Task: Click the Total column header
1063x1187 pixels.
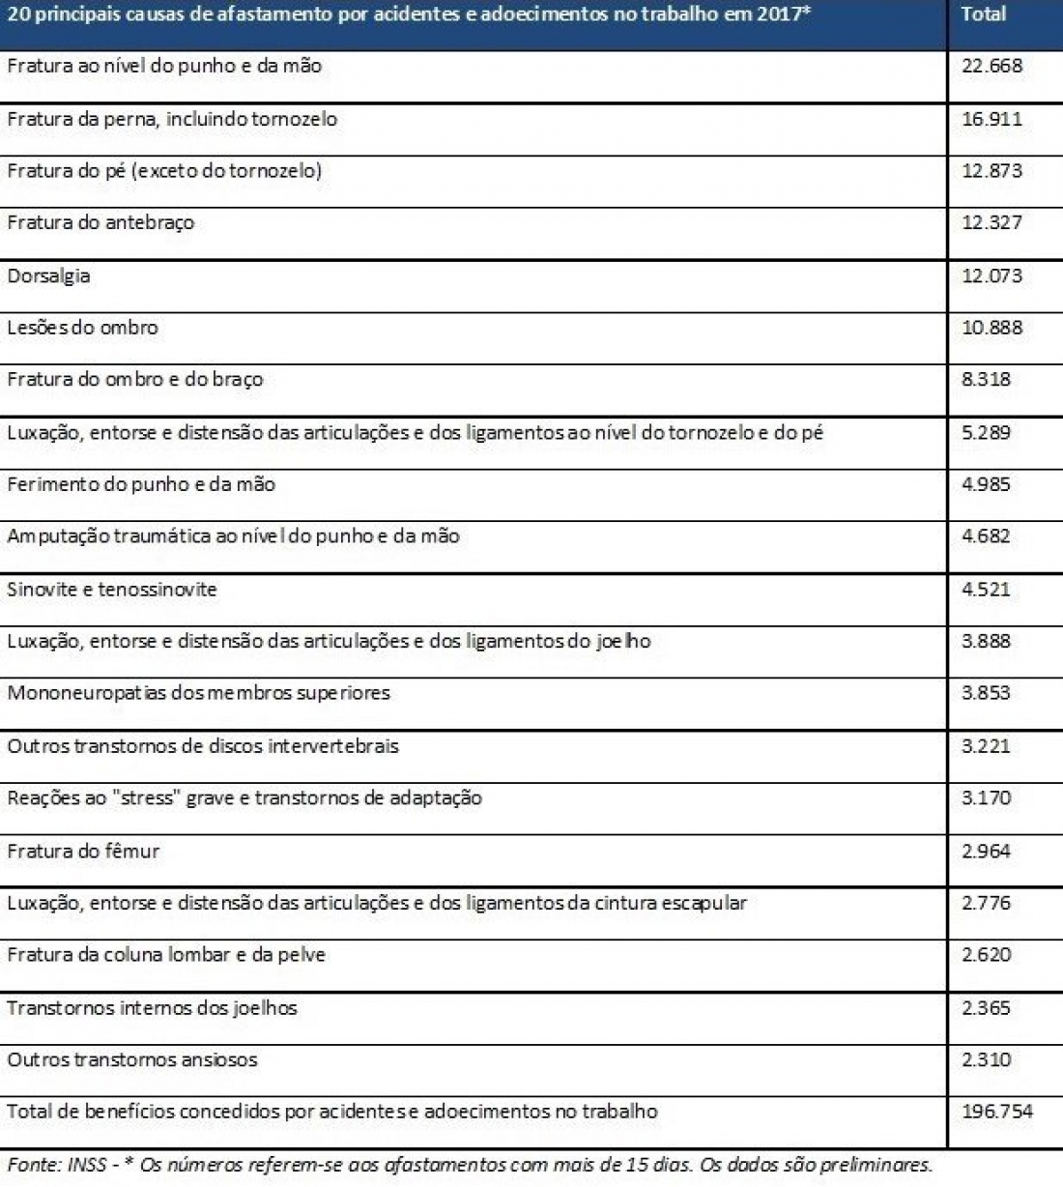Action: coord(984,14)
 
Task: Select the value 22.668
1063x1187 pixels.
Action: coord(991,67)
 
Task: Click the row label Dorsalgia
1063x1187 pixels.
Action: coord(48,275)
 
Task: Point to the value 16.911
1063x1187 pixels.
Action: coord(991,119)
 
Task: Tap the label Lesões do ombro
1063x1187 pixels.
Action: coord(82,328)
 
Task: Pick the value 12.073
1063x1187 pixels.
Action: coord(991,275)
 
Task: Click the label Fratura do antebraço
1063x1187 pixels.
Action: coord(101,223)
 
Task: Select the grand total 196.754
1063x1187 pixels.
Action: coord(997,1112)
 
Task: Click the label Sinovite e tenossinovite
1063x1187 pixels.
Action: coord(112,590)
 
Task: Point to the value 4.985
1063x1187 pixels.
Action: coord(986,484)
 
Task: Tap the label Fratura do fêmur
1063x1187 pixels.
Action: coord(83,852)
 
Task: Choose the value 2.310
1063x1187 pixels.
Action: coord(986,1059)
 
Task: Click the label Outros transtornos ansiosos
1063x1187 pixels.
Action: coord(132,1059)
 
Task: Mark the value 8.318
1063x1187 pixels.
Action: coord(986,380)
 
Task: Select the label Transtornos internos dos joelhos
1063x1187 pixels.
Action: coord(152,1008)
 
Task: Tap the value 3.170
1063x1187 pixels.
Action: coord(986,798)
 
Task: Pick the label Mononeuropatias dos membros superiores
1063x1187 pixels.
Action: coord(198,693)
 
